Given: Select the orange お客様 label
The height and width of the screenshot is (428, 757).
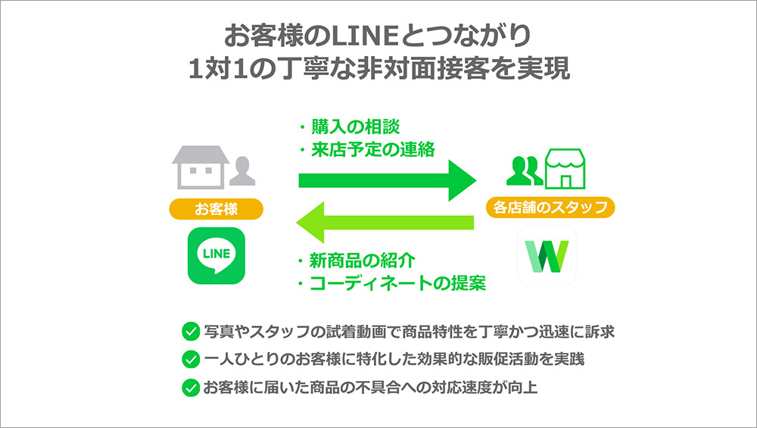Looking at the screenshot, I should [216, 208].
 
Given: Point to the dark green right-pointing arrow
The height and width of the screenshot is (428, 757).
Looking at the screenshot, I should [386, 180].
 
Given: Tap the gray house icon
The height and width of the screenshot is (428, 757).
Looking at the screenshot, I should [199, 167].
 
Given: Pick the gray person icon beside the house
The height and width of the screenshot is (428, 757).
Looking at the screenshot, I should [243, 171].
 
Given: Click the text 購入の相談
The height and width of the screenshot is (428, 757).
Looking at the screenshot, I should [354, 127].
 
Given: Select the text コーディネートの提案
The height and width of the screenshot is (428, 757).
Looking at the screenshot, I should [397, 284].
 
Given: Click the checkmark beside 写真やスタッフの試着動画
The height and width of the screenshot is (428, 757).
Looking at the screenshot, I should [190, 331].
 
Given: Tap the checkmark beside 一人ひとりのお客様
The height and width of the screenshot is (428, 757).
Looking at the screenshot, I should [190, 360].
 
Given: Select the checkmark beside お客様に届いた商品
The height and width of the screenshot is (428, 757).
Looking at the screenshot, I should [190, 388].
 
